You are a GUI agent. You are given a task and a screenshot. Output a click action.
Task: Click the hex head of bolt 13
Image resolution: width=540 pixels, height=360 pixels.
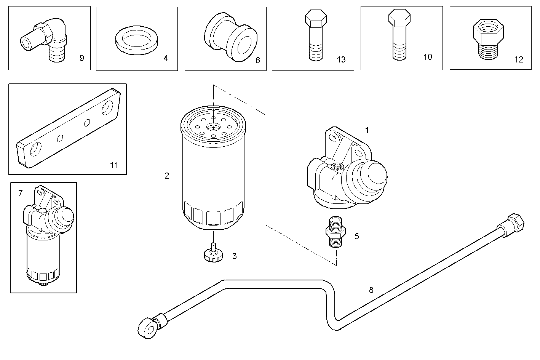pos(316,19)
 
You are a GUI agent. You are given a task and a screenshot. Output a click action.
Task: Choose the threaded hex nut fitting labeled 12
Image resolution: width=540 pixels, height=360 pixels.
pos(488,39)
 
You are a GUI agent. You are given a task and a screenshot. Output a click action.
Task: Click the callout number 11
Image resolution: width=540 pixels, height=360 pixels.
pos(114,165)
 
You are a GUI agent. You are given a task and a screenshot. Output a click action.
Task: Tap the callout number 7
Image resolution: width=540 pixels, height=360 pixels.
pos(21,194)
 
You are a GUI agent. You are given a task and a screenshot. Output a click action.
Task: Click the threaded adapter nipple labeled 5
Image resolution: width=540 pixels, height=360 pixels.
pos(336,232)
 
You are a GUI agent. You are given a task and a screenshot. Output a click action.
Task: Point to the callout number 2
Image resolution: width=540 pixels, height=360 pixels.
pos(167,176)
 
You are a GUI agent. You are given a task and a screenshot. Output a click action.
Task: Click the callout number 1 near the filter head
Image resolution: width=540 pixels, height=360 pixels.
pos(367,130)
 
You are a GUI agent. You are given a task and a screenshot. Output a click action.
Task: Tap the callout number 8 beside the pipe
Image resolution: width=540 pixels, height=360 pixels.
pos(371,290)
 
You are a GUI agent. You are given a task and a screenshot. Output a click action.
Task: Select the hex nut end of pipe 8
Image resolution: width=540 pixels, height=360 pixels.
pos(514,224)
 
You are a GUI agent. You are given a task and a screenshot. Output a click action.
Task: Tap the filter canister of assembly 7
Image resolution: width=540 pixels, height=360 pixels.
pos(43,255)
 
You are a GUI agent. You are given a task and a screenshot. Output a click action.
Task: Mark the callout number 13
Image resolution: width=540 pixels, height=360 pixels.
pos(341,59)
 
